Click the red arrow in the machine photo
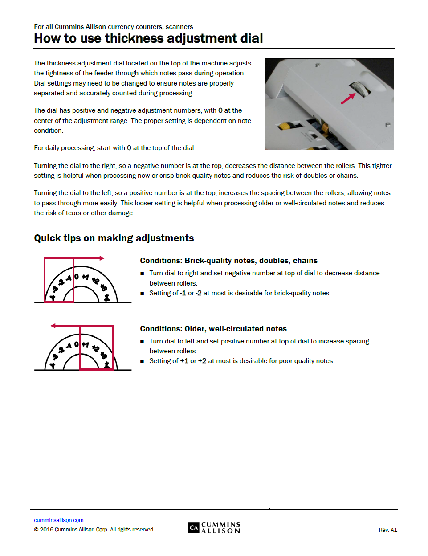tap(348, 98)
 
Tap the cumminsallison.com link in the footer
tap(59, 520)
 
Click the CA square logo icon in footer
tap(194, 527)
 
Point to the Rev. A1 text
tap(387, 530)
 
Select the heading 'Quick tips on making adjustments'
tap(114, 238)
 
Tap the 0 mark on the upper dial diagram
tap(77, 277)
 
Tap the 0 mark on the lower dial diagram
tap(77, 344)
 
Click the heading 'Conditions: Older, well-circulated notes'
tap(213, 329)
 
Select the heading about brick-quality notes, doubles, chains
tap(228, 261)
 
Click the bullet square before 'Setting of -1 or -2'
tap(143, 294)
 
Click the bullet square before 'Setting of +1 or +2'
tap(143, 361)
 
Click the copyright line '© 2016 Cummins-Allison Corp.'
tap(94, 530)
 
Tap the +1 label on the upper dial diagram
tap(85, 278)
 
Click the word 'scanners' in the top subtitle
tap(179, 27)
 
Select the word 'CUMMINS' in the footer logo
tap(220, 524)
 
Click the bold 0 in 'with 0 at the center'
tap(220, 110)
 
